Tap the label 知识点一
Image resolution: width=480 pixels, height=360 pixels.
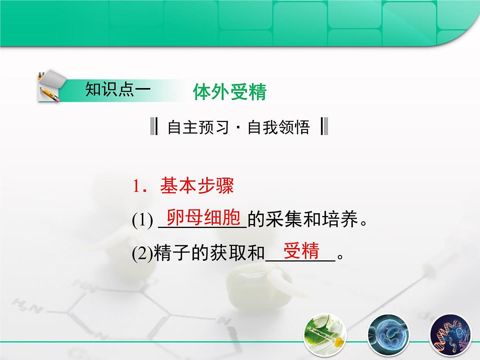[x=118, y=90]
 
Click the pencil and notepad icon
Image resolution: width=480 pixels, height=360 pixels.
[x=49, y=86]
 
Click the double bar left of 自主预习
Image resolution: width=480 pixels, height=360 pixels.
[x=154, y=127]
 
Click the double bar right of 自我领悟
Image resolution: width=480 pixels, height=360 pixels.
[x=324, y=127]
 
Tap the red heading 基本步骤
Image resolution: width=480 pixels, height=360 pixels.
[x=197, y=186]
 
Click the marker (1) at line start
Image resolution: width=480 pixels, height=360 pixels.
[x=142, y=221]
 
